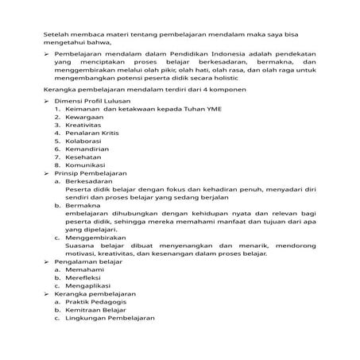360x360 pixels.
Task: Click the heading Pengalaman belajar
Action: point(88,283)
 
